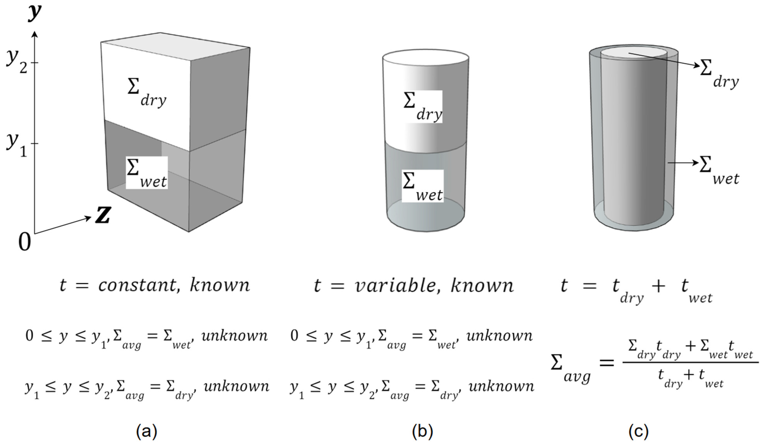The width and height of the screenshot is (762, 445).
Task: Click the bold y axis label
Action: (35, 13)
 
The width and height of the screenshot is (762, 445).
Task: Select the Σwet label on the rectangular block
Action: (147, 173)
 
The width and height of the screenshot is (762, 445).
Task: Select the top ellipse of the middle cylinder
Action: (426, 57)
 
